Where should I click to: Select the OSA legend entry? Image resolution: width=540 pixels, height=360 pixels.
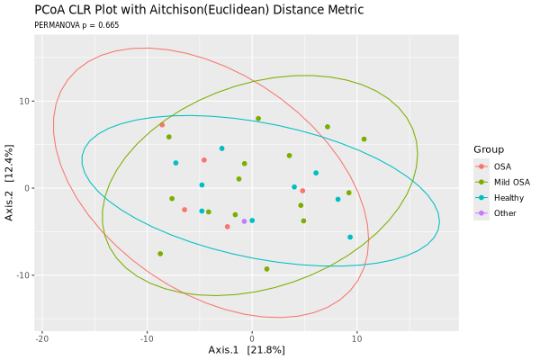click(502, 166)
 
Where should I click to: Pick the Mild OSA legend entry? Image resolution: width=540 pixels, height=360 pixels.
click(511, 182)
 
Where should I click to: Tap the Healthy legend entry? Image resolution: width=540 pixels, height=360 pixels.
click(508, 197)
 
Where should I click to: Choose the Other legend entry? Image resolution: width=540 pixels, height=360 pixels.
click(505, 213)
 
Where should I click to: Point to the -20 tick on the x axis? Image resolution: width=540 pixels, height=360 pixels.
click(42, 337)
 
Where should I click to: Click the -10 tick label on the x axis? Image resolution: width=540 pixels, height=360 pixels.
click(147, 337)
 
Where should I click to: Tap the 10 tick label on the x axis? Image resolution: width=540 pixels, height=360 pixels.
click(356, 337)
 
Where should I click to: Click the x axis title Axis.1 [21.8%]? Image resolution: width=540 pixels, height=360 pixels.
click(247, 349)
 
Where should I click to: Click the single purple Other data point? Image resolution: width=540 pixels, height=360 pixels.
click(244, 221)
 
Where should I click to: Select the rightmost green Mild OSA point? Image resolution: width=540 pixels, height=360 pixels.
click(364, 139)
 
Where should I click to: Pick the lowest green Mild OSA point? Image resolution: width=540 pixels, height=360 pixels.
click(266, 269)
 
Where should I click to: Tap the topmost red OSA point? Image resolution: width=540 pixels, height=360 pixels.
click(162, 125)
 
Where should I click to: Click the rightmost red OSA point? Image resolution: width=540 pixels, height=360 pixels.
click(302, 191)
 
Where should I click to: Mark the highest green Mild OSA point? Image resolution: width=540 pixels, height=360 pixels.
click(258, 119)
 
